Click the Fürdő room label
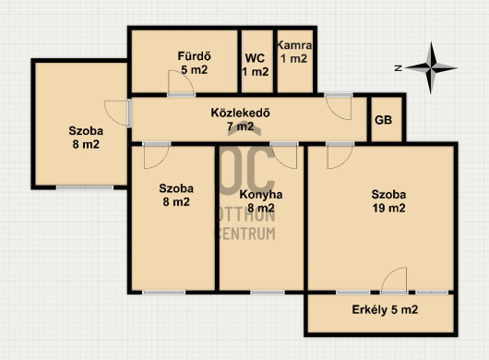(x=195, y=56)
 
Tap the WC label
(x=255, y=58)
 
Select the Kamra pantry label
(x=294, y=45)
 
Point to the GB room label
(x=383, y=120)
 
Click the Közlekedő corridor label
(x=240, y=113)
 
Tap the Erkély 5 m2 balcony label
(x=385, y=310)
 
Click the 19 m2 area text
(x=388, y=208)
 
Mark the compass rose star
(x=431, y=67)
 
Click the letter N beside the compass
(x=398, y=68)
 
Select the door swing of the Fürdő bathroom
(x=181, y=82)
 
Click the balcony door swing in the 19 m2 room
(x=394, y=279)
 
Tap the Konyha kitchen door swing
(x=284, y=157)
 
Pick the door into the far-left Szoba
(x=117, y=113)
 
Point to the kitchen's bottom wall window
(x=268, y=293)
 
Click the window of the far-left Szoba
(x=85, y=187)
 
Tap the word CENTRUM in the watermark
(x=245, y=234)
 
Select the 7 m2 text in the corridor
(x=240, y=126)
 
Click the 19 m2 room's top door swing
(x=340, y=157)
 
